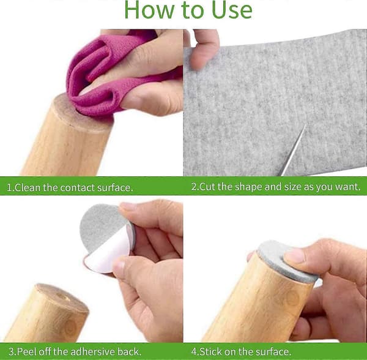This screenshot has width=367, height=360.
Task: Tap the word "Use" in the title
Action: pyautogui.click(x=232, y=10)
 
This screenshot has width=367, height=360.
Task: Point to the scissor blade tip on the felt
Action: pyautogui.click(x=305, y=125)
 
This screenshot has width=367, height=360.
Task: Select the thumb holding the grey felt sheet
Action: pyautogui.click(x=204, y=49)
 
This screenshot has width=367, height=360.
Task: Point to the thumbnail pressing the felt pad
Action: pyautogui.click(x=294, y=255)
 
